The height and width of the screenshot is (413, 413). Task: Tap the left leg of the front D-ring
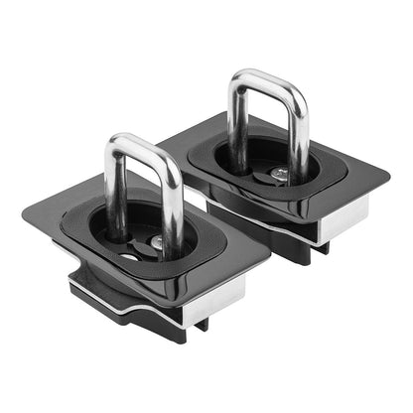(x=112, y=189)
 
